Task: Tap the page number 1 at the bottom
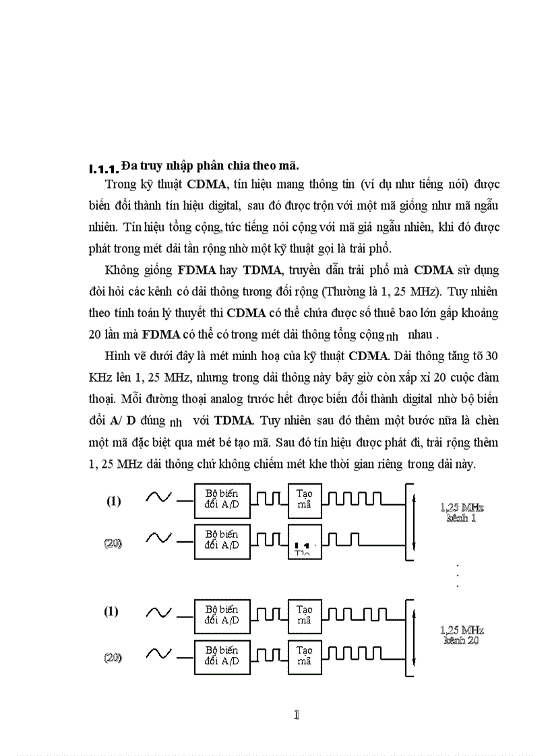coord(295,715)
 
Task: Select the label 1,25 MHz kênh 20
coord(462,635)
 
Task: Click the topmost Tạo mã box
coord(305,500)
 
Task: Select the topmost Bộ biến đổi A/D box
coord(221,500)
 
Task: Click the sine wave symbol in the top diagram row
coord(159,499)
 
